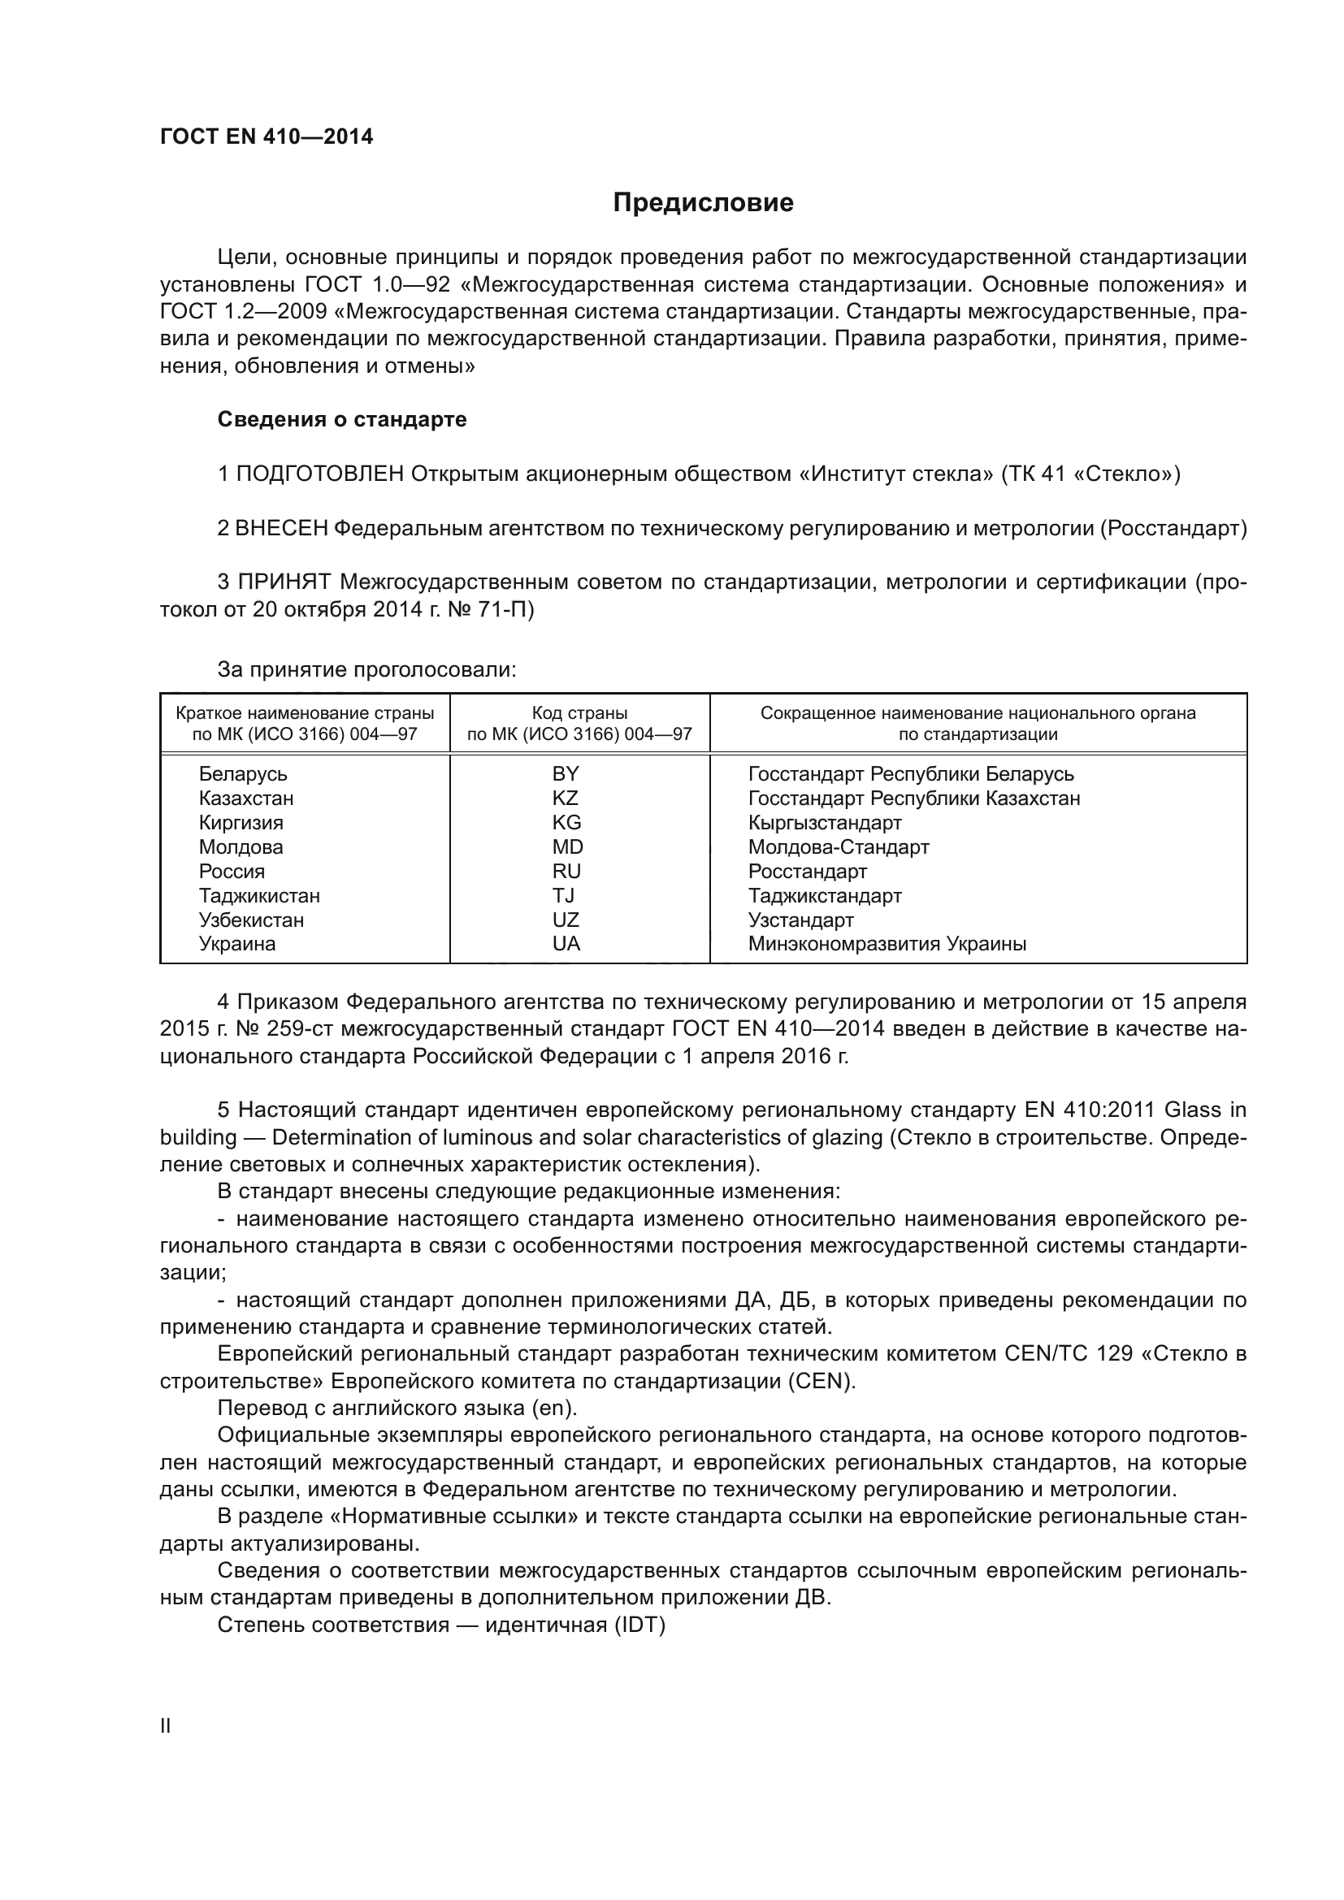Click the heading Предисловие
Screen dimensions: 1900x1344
[x=703, y=203]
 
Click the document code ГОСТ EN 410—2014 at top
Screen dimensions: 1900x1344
[x=267, y=136]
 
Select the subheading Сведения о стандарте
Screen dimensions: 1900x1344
[x=342, y=419]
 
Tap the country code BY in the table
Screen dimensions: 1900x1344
[x=566, y=774]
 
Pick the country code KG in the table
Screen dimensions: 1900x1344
[x=567, y=823]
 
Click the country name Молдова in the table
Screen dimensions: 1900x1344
[x=241, y=847]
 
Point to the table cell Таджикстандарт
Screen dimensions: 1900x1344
[x=825, y=896]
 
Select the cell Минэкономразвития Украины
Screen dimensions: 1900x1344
[x=887, y=944]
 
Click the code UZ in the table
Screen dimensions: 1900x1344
[x=566, y=920]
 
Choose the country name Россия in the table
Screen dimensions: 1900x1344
[x=232, y=872]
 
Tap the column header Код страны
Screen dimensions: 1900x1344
[x=579, y=713]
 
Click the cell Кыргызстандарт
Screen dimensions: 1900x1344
[x=825, y=824]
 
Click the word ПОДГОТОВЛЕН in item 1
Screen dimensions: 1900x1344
[x=320, y=474]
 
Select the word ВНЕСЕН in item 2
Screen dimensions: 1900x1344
[x=281, y=529]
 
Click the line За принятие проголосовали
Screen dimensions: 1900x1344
[x=366, y=669]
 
